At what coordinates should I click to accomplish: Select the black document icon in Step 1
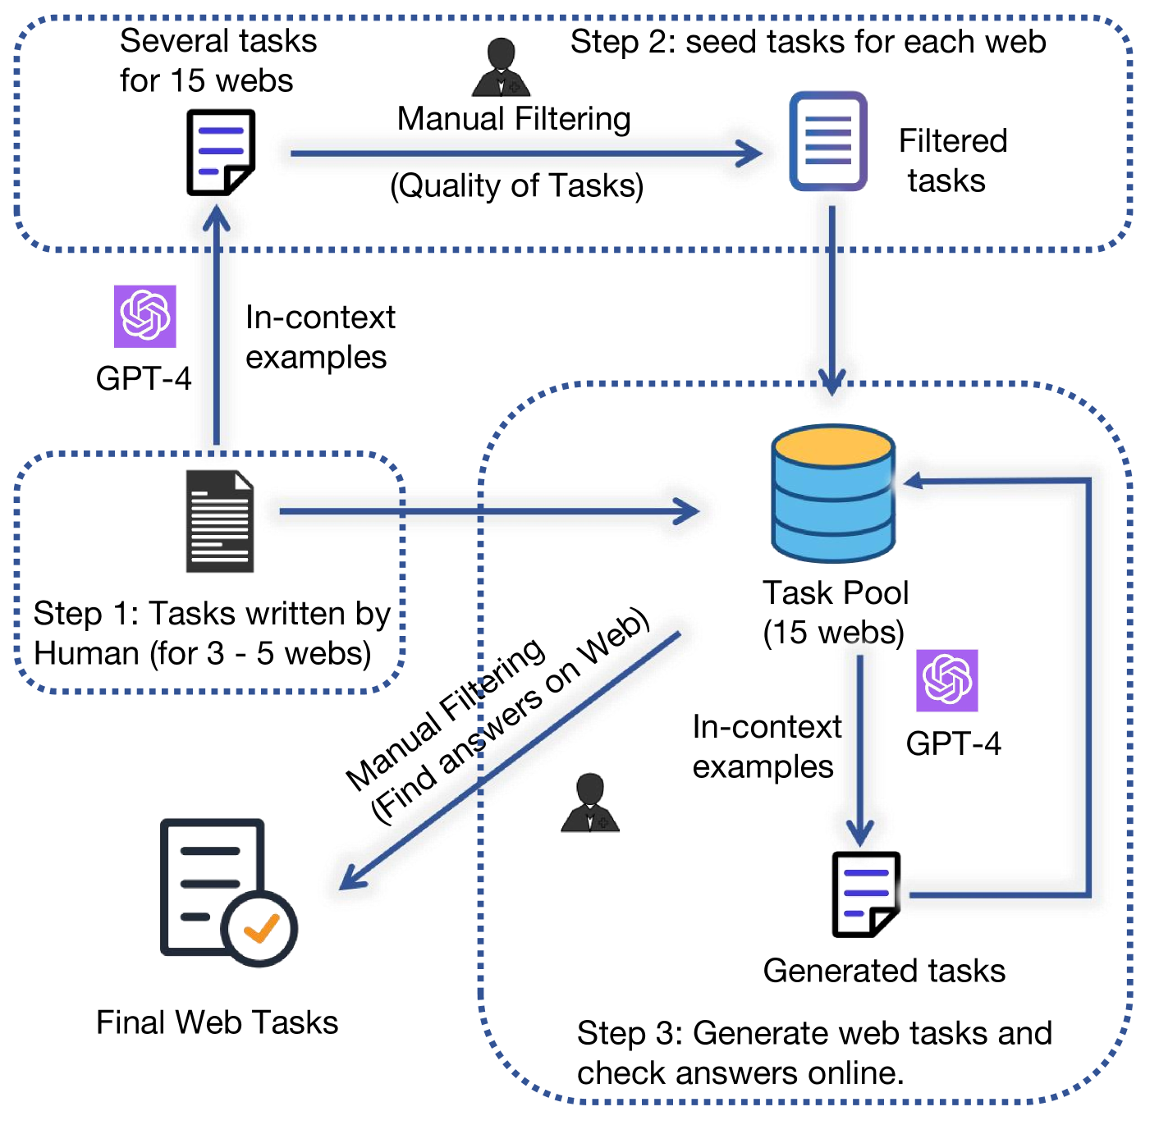219,521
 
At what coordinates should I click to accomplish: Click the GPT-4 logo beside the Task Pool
947,680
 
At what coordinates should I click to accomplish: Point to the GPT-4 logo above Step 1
144,316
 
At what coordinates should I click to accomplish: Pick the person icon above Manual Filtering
501,67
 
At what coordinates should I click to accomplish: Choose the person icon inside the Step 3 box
589,803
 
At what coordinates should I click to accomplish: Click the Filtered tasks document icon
828,141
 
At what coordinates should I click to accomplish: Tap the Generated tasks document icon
866,894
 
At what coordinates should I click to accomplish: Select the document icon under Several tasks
220,153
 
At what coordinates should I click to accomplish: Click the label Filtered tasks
952,161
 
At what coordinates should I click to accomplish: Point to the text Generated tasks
884,971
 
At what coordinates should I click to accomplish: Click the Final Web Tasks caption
217,1022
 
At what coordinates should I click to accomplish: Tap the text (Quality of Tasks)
516,185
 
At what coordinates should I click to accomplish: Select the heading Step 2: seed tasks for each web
808,41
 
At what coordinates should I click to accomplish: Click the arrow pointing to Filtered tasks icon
747,153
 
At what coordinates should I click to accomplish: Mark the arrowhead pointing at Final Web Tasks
350,880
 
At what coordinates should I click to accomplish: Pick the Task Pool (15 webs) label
835,612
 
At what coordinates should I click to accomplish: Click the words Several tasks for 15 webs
218,61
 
